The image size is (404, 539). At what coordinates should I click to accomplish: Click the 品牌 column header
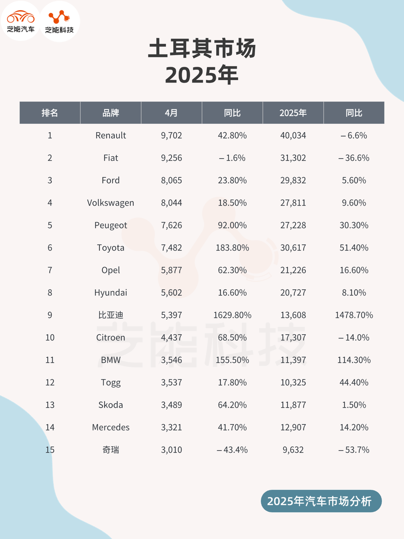[110, 113]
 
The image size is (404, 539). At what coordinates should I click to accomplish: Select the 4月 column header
[171, 113]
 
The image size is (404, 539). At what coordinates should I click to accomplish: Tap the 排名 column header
[50, 113]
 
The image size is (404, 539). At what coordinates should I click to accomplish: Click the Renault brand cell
[110, 136]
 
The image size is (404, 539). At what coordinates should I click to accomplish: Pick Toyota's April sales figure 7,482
[171, 248]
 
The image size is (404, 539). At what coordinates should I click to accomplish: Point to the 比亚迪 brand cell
[110, 315]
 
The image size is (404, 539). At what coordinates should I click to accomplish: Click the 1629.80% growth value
[232, 315]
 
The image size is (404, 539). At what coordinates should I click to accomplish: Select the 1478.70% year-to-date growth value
[354, 315]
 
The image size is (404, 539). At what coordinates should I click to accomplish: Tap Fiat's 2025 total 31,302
[293, 158]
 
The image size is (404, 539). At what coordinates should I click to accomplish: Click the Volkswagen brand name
[110, 203]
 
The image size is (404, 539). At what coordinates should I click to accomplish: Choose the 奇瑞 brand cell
[110, 450]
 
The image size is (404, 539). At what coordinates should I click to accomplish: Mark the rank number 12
[50, 382]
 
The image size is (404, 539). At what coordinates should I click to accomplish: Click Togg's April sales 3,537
[171, 382]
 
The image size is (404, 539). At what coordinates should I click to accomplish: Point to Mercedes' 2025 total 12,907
[293, 427]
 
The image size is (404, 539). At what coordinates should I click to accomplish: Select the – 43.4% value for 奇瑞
[232, 450]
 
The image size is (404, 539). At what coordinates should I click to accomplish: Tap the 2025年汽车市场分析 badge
[321, 501]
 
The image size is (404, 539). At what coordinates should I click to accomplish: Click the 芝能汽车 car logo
[21, 21]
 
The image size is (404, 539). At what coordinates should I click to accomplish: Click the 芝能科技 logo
[59, 21]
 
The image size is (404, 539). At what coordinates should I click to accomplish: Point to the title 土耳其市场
[202, 48]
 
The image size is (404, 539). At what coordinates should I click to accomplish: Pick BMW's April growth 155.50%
[232, 360]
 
